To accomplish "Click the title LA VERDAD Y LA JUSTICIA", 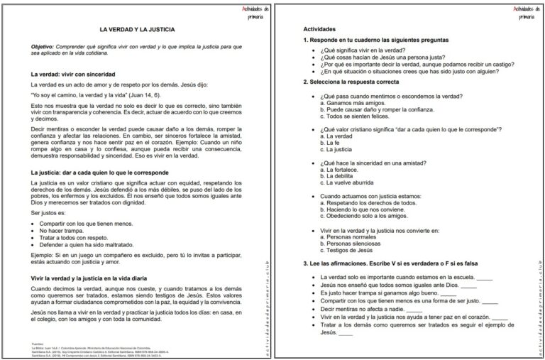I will [x=137, y=30].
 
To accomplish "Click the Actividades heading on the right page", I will [x=321, y=30].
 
